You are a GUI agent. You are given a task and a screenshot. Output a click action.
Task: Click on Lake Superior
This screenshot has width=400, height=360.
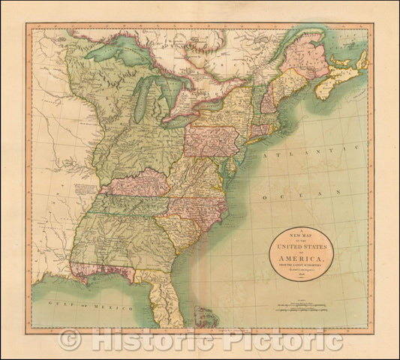click(120, 55)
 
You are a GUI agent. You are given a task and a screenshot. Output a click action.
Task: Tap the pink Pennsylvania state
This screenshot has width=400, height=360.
click(212, 139)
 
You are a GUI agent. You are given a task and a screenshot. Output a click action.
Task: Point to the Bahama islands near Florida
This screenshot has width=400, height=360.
click(204, 317)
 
